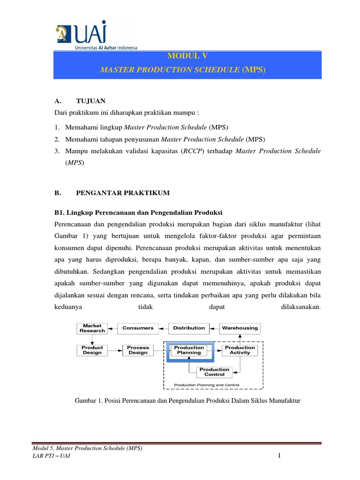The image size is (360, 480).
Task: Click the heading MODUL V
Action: coord(187,56)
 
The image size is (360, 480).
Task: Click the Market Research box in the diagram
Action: coord(92,328)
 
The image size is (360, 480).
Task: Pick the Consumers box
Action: coord(138,328)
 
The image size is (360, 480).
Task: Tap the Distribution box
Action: coord(189,328)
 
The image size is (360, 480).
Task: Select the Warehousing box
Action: coord(240,328)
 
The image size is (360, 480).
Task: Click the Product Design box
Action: coord(92,350)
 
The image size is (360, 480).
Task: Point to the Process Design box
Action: coord(138,350)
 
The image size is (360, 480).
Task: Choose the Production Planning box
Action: coord(189,350)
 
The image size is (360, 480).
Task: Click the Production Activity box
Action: coord(240,350)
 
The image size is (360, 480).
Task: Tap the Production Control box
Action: coord(214,372)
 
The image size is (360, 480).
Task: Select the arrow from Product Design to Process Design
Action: coord(115,350)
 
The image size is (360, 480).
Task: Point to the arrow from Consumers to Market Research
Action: coord(112,328)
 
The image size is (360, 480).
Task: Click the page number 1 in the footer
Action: coord(278,457)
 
